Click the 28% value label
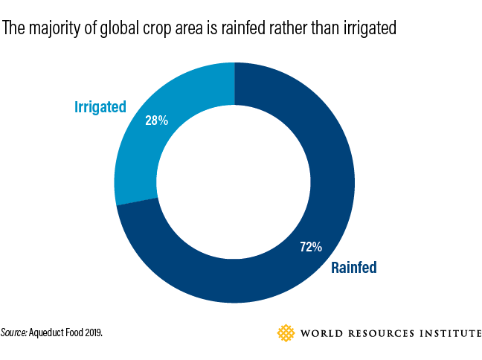pos(156,120)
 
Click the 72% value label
pos(311,246)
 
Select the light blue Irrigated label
pos(100,107)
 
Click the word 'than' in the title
pos(322,29)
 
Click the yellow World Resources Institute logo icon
pos(286,332)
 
